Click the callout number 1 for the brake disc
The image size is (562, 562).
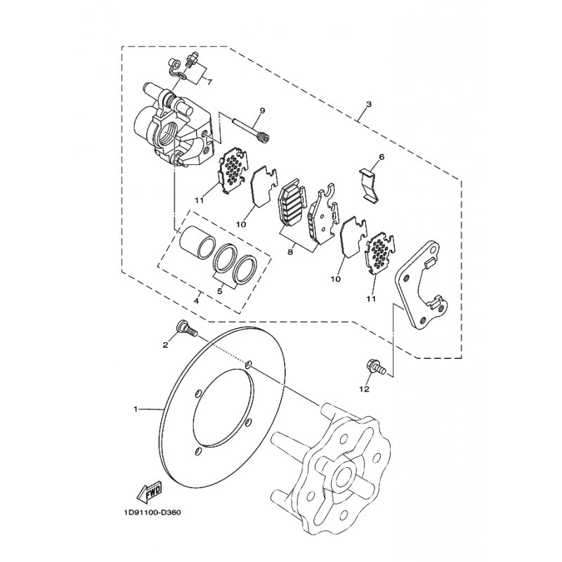[137, 407]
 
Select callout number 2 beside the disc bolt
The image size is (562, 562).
[166, 345]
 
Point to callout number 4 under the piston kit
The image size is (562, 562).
[197, 302]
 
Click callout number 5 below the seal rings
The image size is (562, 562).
[220, 289]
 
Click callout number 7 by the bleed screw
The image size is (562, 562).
[208, 82]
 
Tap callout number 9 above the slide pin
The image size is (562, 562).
[261, 111]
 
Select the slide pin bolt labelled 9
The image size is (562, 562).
[249, 129]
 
